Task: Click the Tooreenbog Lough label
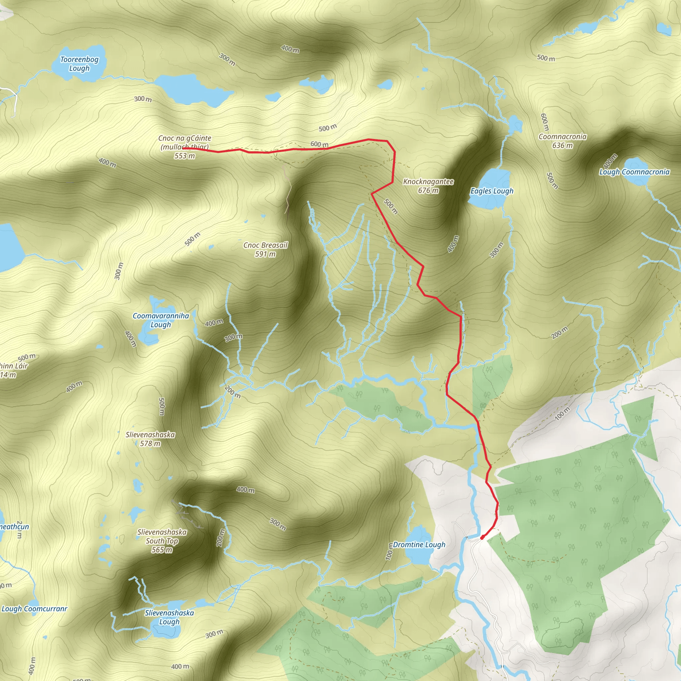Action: click(79, 64)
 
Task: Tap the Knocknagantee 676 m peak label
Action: click(428, 186)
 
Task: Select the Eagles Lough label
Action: click(492, 191)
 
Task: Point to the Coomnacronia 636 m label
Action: click(563, 141)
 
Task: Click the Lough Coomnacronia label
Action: click(634, 172)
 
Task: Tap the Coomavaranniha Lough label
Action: click(161, 320)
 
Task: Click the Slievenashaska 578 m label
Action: click(150, 439)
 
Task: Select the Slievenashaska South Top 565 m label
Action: click(162, 541)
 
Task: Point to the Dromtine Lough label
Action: click(419, 545)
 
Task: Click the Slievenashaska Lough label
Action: click(169, 617)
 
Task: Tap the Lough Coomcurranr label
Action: click(34, 609)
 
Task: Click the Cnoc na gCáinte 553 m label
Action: click(184, 147)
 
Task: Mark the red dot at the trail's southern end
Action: click(482, 538)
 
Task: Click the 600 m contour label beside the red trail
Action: click(319, 144)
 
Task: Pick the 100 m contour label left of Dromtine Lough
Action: click(389, 552)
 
